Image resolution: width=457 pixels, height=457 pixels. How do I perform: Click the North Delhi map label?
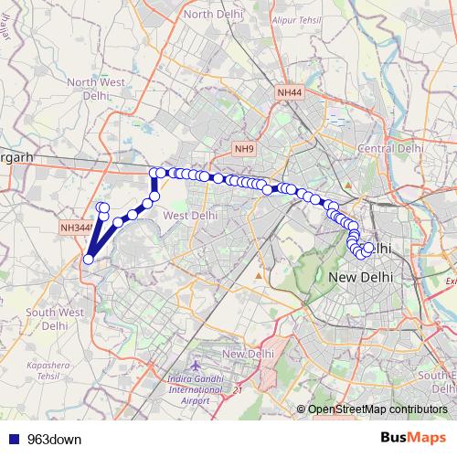pyautogui.click(x=211, y=15)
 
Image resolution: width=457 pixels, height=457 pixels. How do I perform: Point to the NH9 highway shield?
pyautogui.click(x=244, y=148)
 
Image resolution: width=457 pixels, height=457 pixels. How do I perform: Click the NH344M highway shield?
pyautogui.click(x=76, y=228)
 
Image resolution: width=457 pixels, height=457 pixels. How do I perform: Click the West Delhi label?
pyautogui.click(x=189, y=215)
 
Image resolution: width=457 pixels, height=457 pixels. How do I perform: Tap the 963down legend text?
pyautogui.click(x=54, y=440)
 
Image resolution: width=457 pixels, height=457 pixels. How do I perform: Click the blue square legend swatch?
pyautogui.click(x=15, y=440)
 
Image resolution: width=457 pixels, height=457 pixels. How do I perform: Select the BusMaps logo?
pyautogui.click(x=414, y=439)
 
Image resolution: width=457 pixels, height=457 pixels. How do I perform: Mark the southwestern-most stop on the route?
pyautogui.click(x=88, y=259)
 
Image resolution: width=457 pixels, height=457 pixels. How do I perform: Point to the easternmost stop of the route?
pyautogui.click(x=368, y=248)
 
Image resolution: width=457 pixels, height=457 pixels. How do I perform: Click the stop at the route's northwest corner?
pyautogui.click(x=154, y=172)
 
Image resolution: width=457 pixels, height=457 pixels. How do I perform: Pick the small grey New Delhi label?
pyautogui.click(x=249, y=354)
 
